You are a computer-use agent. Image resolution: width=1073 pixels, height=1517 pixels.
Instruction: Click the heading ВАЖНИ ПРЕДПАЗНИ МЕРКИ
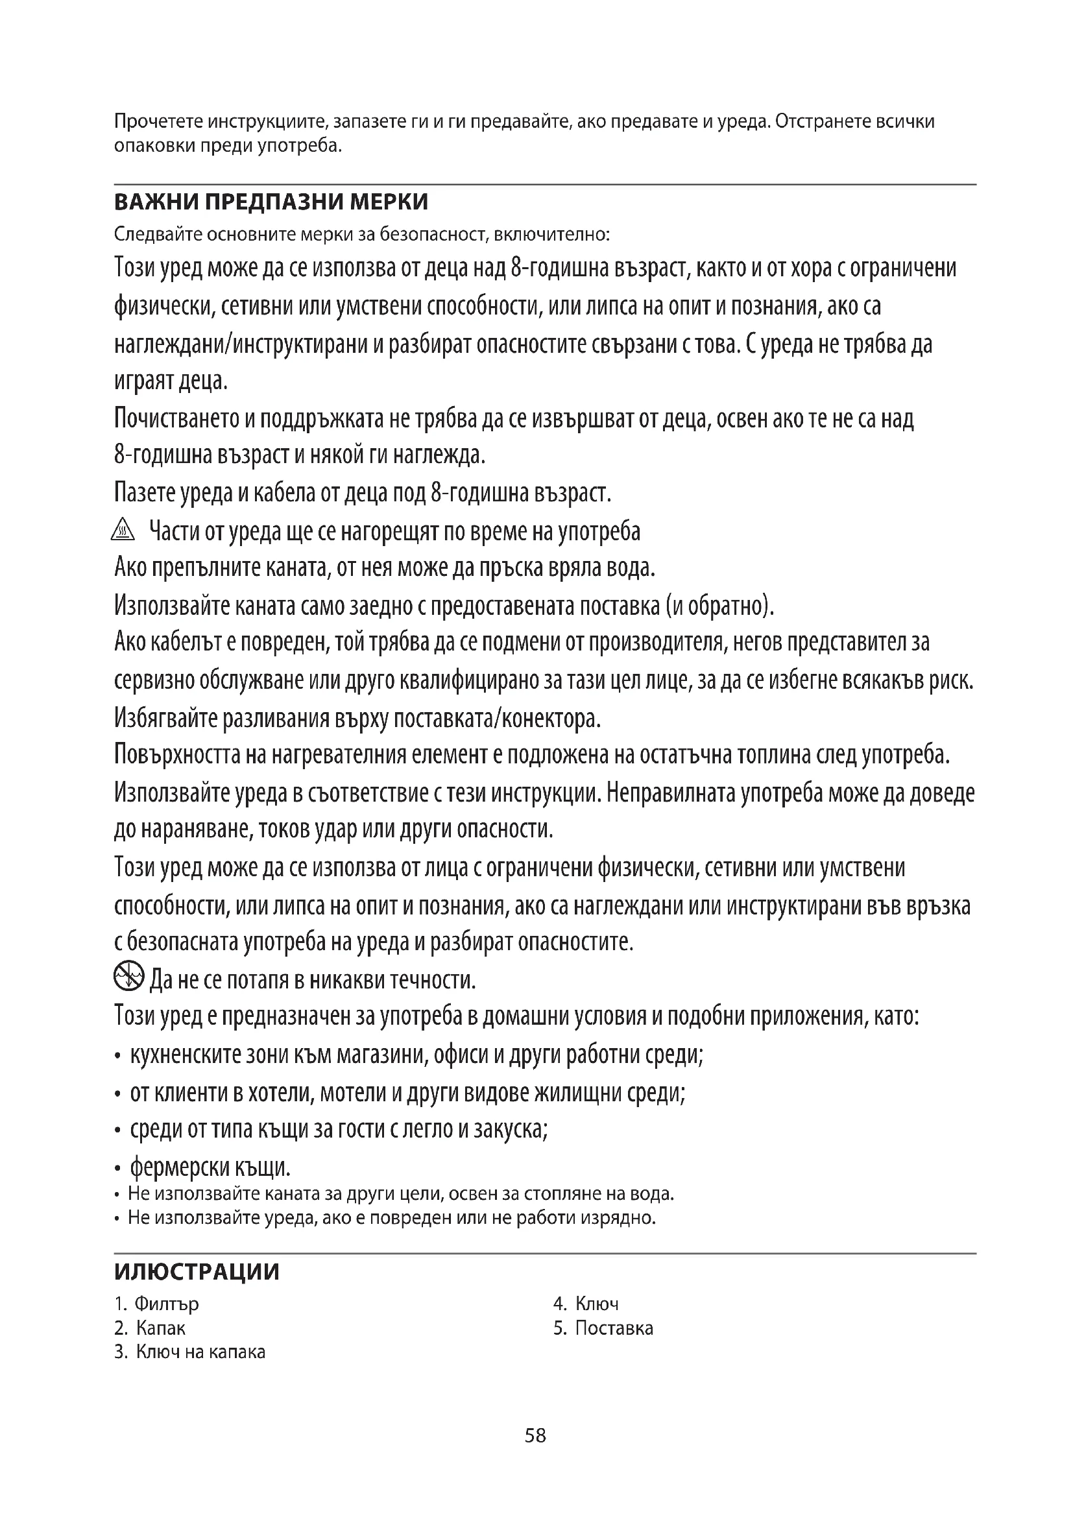tap(271, 202)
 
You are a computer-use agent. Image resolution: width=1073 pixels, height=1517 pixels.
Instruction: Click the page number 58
tap(535, 1435)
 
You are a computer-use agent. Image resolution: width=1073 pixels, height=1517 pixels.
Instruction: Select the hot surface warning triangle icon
tap(123, 530)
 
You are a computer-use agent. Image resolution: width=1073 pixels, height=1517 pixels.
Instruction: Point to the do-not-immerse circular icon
tap(128, 976)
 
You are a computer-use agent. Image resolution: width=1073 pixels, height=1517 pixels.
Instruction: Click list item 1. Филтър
tap(156, 1304)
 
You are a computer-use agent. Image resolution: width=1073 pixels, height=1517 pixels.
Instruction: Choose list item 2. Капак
tap(150, 1328)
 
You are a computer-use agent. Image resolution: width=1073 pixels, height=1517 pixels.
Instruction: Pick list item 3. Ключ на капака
tap(189, 1352)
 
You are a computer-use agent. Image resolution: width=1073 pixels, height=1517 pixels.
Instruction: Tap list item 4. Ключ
tap(586, 1304)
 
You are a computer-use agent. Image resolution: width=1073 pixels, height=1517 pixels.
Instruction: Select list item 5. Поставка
tap(603, 1328)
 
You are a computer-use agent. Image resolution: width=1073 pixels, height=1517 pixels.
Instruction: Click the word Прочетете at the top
tap(158, 121)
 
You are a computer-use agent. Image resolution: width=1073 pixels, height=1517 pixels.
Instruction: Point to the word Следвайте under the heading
tap(157, 234)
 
